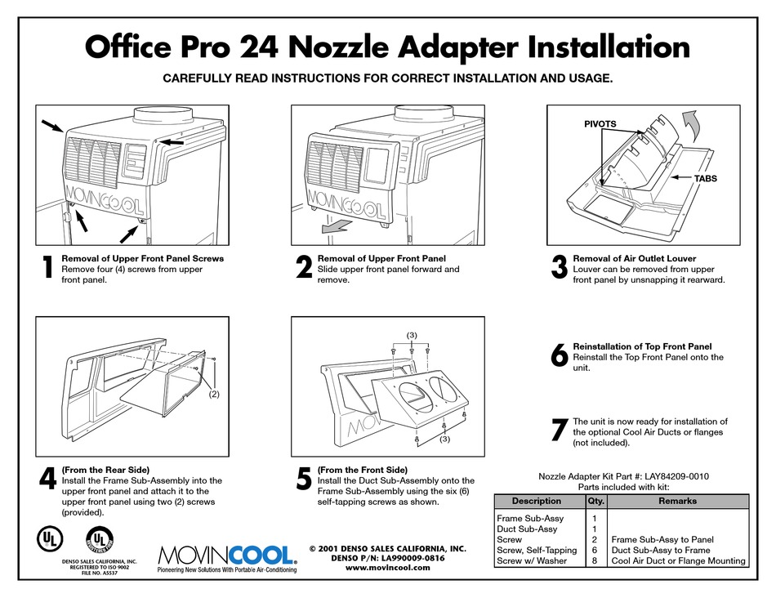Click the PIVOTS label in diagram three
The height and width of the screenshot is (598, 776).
pyautogui.click(x=600, y=124)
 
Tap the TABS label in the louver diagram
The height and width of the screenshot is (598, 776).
pyautogui.click(x=706, y=179)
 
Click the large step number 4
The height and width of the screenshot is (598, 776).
pyautogui.click(x=47, y=480)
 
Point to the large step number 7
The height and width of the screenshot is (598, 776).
pyautogui.click(x=560, y=430)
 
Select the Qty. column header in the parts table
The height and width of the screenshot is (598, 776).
pyautogui.click(x=595, y=501)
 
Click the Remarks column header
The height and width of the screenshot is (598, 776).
pyautogui.click(x=677, y=501)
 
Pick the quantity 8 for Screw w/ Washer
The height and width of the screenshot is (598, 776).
pyautogui.click(x=595, y=561)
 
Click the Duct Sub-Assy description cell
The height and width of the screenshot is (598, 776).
pyautogui.click(x=527, y=529)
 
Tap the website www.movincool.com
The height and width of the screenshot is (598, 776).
pyautogui.click(x=387, y=568)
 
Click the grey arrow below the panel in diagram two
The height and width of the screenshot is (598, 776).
pyautogui.click(x=337, y=226)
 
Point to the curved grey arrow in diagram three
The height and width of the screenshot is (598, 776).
pyautogui.click(x=690, y=126)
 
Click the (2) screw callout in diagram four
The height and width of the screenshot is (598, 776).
pyautogui.click(x=213, y=394)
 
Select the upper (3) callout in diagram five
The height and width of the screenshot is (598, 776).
pyautogui.click(x=412, y=335)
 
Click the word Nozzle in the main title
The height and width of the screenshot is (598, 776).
pyautogui.click(x=340, y=47)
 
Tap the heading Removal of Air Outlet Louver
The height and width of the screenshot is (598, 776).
pyautogui.click(x=635, y=258)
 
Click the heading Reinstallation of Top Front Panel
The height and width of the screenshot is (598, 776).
pyautogui.click(x=642, y=346)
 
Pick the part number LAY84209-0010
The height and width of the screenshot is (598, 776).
pyautogui.click(x=676, y=476)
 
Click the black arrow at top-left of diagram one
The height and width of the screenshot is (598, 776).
pyautogui.click(x=51, y=126)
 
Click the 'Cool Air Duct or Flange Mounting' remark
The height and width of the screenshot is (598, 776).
pyautogui.click(x=678, y=561)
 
